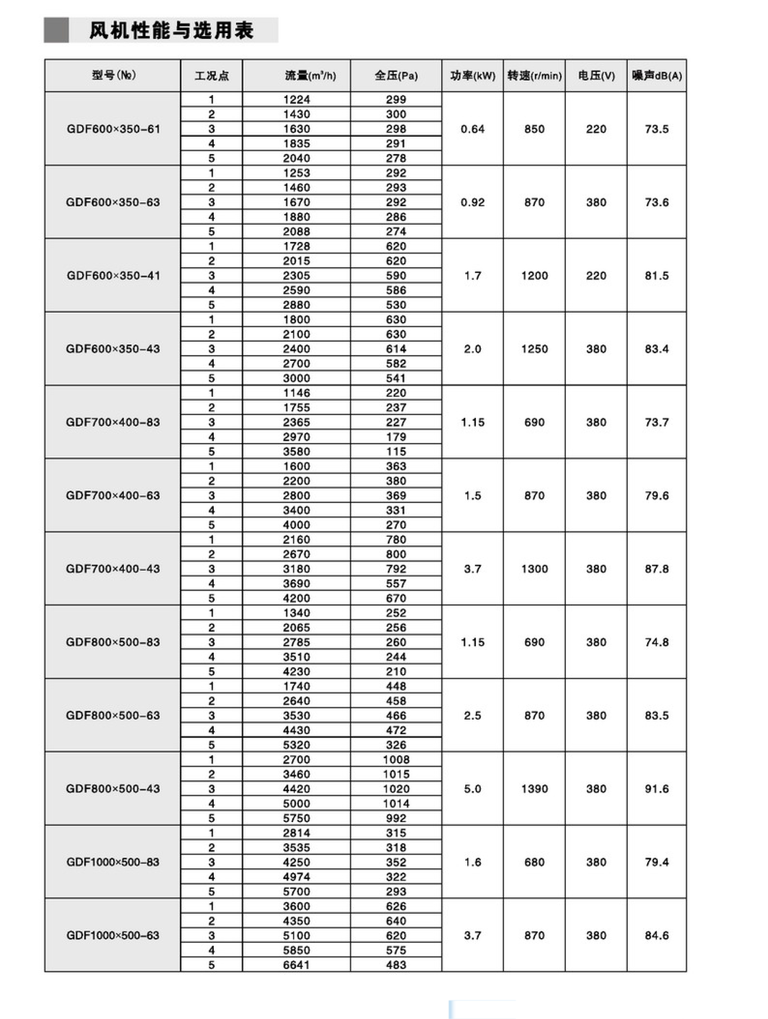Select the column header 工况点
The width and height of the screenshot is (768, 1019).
click(x=212, y=76)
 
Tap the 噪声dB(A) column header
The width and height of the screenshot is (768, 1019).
click(x=656, y=76)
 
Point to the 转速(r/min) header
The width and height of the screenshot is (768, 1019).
click(x=534, y=76)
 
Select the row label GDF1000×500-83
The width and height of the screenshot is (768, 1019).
click(x=113, y=862)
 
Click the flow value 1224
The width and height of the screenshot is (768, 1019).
click(x=296, y=100)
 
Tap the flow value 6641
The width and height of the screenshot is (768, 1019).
click(x=296, y=965)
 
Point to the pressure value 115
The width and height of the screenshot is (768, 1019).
click(x=396, y=451)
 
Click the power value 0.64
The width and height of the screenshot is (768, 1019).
click(x=472, y=129)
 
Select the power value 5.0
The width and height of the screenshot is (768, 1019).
click(x=472, y=789)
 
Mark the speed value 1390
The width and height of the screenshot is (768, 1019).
click(x=534, y=789)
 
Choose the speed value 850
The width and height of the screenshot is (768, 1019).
click(x=534, y=129)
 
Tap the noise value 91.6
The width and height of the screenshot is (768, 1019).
click(x=656, y=789)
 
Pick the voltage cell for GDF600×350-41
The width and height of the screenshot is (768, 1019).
click(x=596, y=275)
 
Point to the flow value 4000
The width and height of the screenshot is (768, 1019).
click(x=296, y=525)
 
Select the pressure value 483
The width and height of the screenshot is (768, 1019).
click(x=396, y=965)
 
